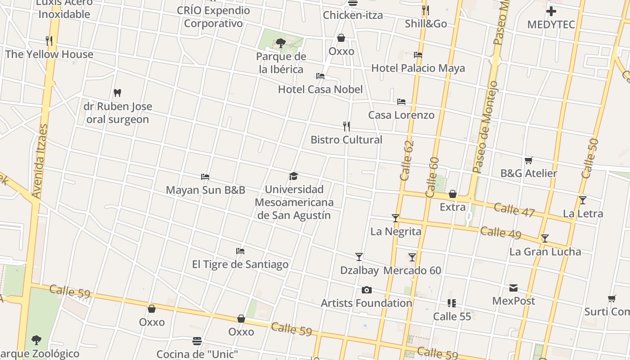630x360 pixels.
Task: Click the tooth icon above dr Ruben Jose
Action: tap(117, 93)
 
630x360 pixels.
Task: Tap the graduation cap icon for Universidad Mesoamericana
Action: tap(294, 176)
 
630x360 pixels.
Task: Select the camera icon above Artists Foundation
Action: tap(367, 290)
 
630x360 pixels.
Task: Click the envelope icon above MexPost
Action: tap(513, 288)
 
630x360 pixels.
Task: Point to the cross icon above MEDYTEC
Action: tap(551, 11)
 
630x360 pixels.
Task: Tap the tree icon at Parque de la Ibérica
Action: tap(281, 43)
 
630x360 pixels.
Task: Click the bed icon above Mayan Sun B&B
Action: tap(205, 177)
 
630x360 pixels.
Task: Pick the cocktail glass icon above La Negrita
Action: tap(396, 218)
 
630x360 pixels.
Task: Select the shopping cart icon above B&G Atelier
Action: tap(529, 160)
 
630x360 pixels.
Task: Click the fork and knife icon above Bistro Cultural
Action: tap(346, 126)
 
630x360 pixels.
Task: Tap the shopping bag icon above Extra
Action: tap(453, 194)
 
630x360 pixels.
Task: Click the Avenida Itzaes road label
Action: tap(40, 161)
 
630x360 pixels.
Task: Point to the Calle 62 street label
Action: tap(407, 161)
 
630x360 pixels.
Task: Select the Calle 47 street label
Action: tap(514, 210)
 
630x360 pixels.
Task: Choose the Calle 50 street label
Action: tap(590, 158)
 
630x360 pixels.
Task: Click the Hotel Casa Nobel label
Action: tap(320, 90)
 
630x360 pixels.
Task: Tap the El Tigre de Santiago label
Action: tap(240, 264)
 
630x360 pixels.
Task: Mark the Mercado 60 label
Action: tap(412, 270)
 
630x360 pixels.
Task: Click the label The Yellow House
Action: tap(49, 54)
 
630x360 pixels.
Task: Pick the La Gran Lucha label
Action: tap(545, 252)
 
